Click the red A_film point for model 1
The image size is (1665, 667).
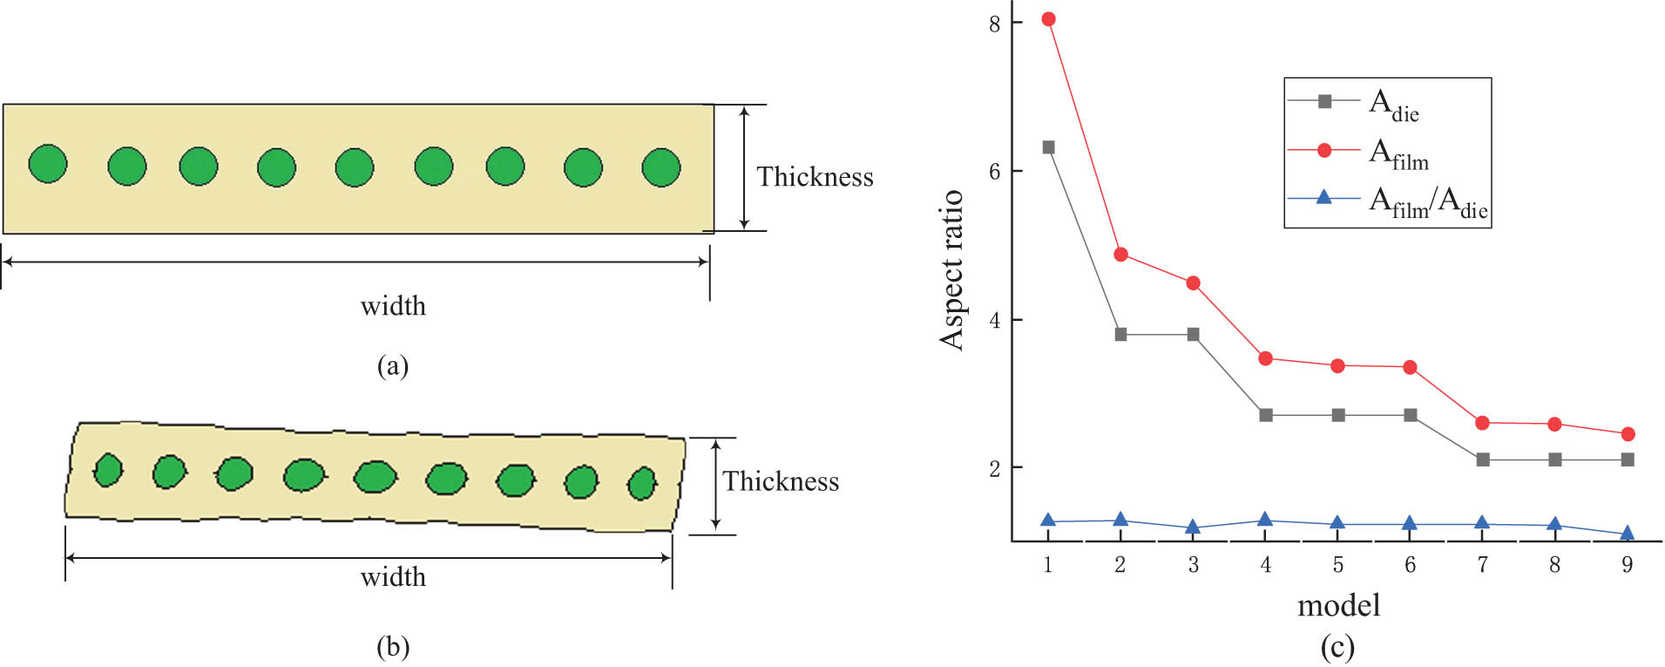click(x=1048, y=19)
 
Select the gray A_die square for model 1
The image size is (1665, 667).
click(x=1048, y=147)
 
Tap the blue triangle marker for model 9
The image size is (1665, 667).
click(x=1627, y=533)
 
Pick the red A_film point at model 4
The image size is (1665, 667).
click(x=1265, y=358)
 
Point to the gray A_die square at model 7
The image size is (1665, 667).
click(x=1483, y=459)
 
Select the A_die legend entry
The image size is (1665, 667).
click(x=1354, y=104)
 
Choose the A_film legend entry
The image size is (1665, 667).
click(x=1359, y=153)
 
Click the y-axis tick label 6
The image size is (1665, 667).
click(x=994, y=172)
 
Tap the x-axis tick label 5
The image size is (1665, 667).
click(x=1337, y=565)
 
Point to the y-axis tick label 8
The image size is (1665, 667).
click(x=994, y=24)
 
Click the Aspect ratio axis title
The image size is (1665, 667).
click(x=951, y=269)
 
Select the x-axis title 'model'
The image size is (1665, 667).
click(x=1338, y=605)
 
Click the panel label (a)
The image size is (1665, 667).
click(x=393, y=365)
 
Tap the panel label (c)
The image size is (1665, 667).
click(x=1337, y=647)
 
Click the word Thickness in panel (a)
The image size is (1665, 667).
click(x=815, y=177)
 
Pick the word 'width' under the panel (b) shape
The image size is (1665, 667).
click(x=393, y=577)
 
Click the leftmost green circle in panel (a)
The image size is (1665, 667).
click(x=48, y=163)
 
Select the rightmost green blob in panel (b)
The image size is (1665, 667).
click(x=642, y=483)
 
